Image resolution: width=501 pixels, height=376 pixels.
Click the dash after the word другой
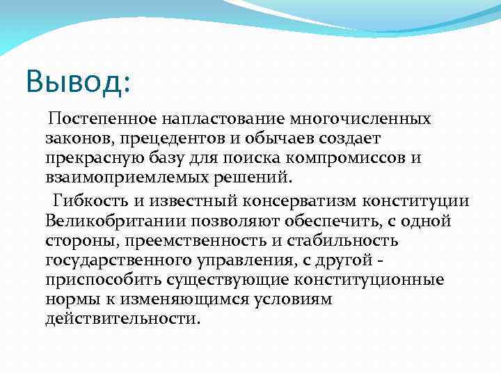pos(387,260)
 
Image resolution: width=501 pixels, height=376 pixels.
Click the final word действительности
pos(122,318)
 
